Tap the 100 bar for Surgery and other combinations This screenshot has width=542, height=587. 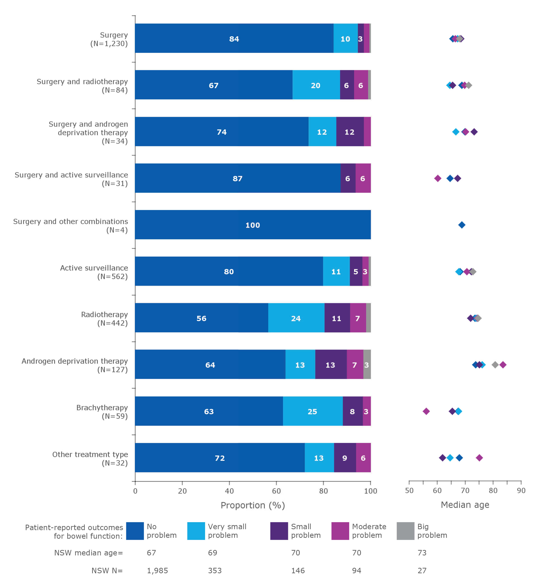coord(253,225)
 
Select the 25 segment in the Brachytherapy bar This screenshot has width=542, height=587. coord(313,411)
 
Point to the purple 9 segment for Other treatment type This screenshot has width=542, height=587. coord(345,458)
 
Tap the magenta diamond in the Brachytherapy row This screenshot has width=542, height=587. coord(426,411)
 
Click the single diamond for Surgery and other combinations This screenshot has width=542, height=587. coord(462,225)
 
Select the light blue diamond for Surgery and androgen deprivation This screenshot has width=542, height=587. coord(456,132)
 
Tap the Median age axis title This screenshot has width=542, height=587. coord(465,505)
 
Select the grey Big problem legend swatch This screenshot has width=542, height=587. coord(405,531)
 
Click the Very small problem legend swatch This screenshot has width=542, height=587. coord(196,531)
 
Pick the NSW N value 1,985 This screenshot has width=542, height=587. coord(157,571)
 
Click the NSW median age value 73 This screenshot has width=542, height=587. coord(422,553)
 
